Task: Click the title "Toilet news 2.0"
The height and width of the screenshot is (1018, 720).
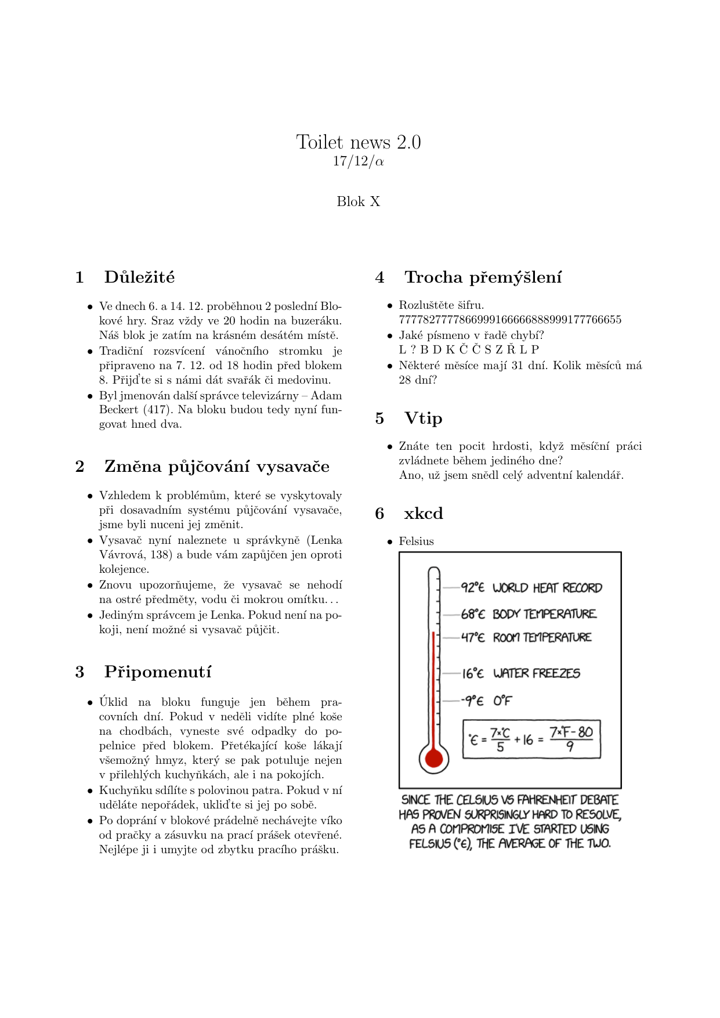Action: pyautogui.click(x=359, y=142)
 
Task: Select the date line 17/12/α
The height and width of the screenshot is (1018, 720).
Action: pyautogui.click(x=359, y=161)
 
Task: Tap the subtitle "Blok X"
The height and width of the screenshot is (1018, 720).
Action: pyautogui.click(x=359, y=201)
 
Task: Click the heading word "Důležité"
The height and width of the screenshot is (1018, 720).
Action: pyautogui.click(x=139, y=277)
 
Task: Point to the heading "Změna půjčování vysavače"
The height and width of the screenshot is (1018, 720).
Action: pyautogui.click(x=217, y=467)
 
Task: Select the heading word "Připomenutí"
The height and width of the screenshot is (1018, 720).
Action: pyautogui.click(x=158, y=672)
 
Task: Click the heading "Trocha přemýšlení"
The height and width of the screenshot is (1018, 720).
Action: pyautogui.click(x=483, y=277)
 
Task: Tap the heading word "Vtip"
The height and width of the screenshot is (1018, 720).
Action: pyautogui.click(x=423, y=418)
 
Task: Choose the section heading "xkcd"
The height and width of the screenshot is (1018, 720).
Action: pyautogui.click(x=423, y=514)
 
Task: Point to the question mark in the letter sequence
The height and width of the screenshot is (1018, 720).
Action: pyautogui.click(x=413, y=349)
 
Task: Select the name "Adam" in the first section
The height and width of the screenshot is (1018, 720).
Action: pyautogui.click(x=326, y=396)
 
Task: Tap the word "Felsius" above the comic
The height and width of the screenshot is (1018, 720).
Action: pyautogui.click(x=416, y=542)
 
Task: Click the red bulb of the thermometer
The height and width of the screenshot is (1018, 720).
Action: pyautogui.click(x=434, y=758)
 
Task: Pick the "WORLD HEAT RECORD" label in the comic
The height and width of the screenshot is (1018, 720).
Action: pyautogui.click(x=547, y=588)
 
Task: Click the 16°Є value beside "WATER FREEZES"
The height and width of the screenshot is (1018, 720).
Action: pyautogui.click(x=473, y=673)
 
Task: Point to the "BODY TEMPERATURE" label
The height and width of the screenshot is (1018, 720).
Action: pyautogui.click(x=544, y=614)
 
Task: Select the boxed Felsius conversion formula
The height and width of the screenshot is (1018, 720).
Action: pyautogui.click(x=531, y=739)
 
